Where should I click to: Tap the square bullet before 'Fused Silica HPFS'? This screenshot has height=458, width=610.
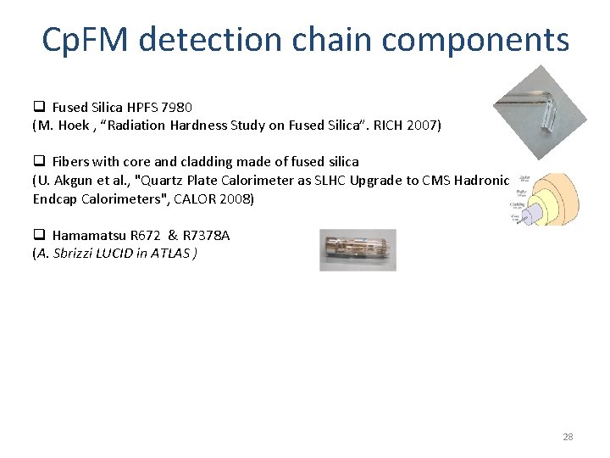39,108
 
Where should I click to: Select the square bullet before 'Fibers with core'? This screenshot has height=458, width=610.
39,161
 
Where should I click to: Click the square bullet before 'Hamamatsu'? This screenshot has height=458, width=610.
39,235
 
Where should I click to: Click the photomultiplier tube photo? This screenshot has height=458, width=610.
358,249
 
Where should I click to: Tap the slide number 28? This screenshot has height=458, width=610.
568,437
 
